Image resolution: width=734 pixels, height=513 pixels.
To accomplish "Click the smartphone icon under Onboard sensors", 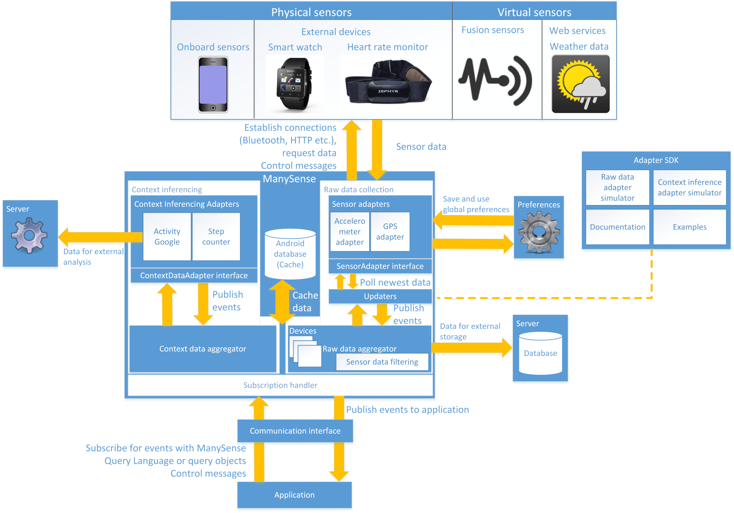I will [x=213, y=85].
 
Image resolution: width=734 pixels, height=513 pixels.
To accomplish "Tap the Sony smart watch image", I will [x=294, y=84].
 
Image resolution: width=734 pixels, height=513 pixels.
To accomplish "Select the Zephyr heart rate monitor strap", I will [x=388, y=83].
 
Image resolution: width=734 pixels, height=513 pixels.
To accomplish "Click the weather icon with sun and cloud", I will [x=580, y=84].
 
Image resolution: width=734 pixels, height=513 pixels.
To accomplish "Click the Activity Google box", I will [x=167, y=237].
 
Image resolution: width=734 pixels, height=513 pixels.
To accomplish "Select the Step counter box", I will [x=216, y=237].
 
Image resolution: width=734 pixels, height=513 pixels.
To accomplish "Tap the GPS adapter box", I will [x=390, y=232].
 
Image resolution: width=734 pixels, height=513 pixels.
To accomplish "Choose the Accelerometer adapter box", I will [x=350, y=232].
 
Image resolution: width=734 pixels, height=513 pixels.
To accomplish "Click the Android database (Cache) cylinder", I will [x=290, y=254].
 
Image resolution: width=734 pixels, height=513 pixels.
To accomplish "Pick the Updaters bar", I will [x=380, y=296].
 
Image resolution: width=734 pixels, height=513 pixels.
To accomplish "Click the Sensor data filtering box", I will [x=382, y=362].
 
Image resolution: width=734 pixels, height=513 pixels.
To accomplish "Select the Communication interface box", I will [x=295, y=431].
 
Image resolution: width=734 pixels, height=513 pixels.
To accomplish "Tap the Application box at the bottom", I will [x=294, y=495].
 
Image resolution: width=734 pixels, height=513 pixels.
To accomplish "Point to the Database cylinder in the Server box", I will [x=540, y=353].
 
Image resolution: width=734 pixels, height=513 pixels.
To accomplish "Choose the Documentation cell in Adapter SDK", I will [x=618, y=227].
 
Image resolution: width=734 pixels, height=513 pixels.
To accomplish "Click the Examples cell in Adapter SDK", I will [x=690, y=227].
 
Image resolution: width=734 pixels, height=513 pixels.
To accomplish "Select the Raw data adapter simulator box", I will [x=618, y=187].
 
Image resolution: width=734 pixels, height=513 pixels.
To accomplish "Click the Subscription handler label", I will [x=280, y=385].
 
